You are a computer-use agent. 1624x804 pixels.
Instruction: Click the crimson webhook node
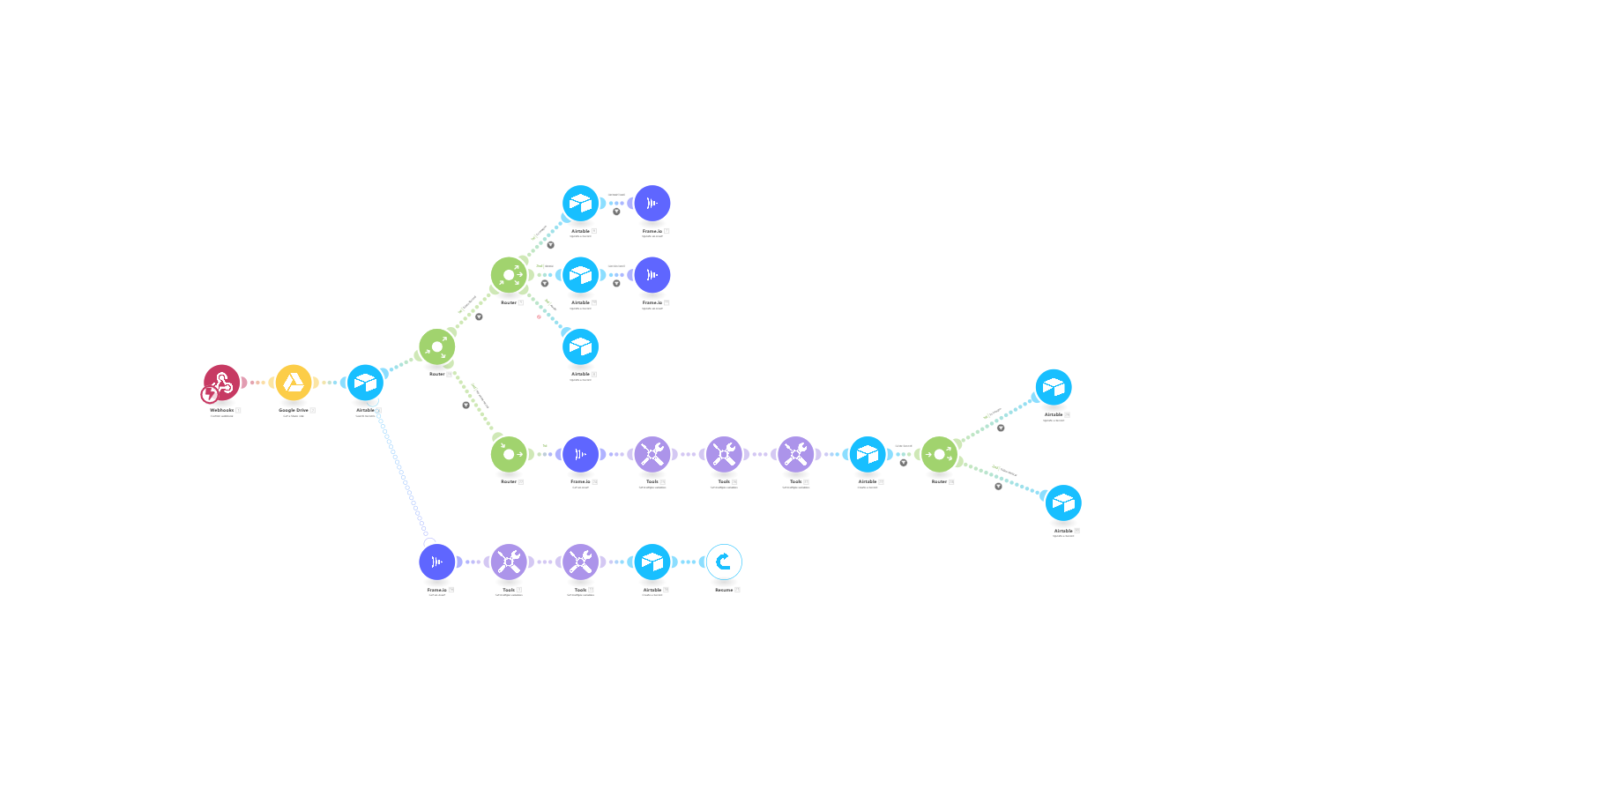pyautogui.click(x=222, y=382)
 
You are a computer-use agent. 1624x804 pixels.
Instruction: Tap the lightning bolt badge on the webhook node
pyautogui.click(x=209, y=395)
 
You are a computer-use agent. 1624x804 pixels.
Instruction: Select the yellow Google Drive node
pyautogui.click(x=294, y=383)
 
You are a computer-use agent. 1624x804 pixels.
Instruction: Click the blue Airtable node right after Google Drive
pyautogui.click(x=365, y=383)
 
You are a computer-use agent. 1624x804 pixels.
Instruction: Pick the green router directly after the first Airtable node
pyautogui.click(x=437, y=346)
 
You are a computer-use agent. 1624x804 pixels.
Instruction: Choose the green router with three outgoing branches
pyautogui.click(x=509, y=275)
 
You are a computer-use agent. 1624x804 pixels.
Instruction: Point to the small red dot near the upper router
pyautogui.click(x=539, y=316)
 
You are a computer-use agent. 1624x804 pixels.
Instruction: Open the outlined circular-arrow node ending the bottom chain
pyautogui.click(x=724, y=562)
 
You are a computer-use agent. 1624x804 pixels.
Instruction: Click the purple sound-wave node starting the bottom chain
pyautogui.click(x=437, y=562)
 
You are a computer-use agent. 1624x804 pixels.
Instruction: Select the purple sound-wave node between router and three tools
pyautogui.click(x=580, y=454)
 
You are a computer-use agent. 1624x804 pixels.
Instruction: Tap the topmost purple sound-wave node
pyautogui.click(x=652, y=204)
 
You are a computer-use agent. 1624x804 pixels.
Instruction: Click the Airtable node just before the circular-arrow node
pyautogui.click(x=652, y=562)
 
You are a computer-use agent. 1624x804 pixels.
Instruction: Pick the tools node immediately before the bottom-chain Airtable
pyautogui.click(x=580, y=562)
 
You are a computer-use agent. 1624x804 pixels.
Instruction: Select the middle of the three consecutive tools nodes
pyautogui.click(x=724, y=454)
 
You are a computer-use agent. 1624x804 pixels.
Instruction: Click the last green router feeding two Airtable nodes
pyautogui.click(x=939, y=454)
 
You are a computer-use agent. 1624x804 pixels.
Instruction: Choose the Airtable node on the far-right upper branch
pyautogui.click(x=1054, y=387)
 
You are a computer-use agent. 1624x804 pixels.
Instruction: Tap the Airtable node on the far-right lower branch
pyautogui.click(x=1063, y=502)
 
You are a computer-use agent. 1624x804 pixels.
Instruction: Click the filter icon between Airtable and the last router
pyautogui.click(x=903, y=463)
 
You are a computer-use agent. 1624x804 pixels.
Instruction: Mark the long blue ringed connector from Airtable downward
pyautogui.click(x=401, y=473)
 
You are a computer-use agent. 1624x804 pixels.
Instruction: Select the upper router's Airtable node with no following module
pyautogui.click(x=580, y=346)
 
